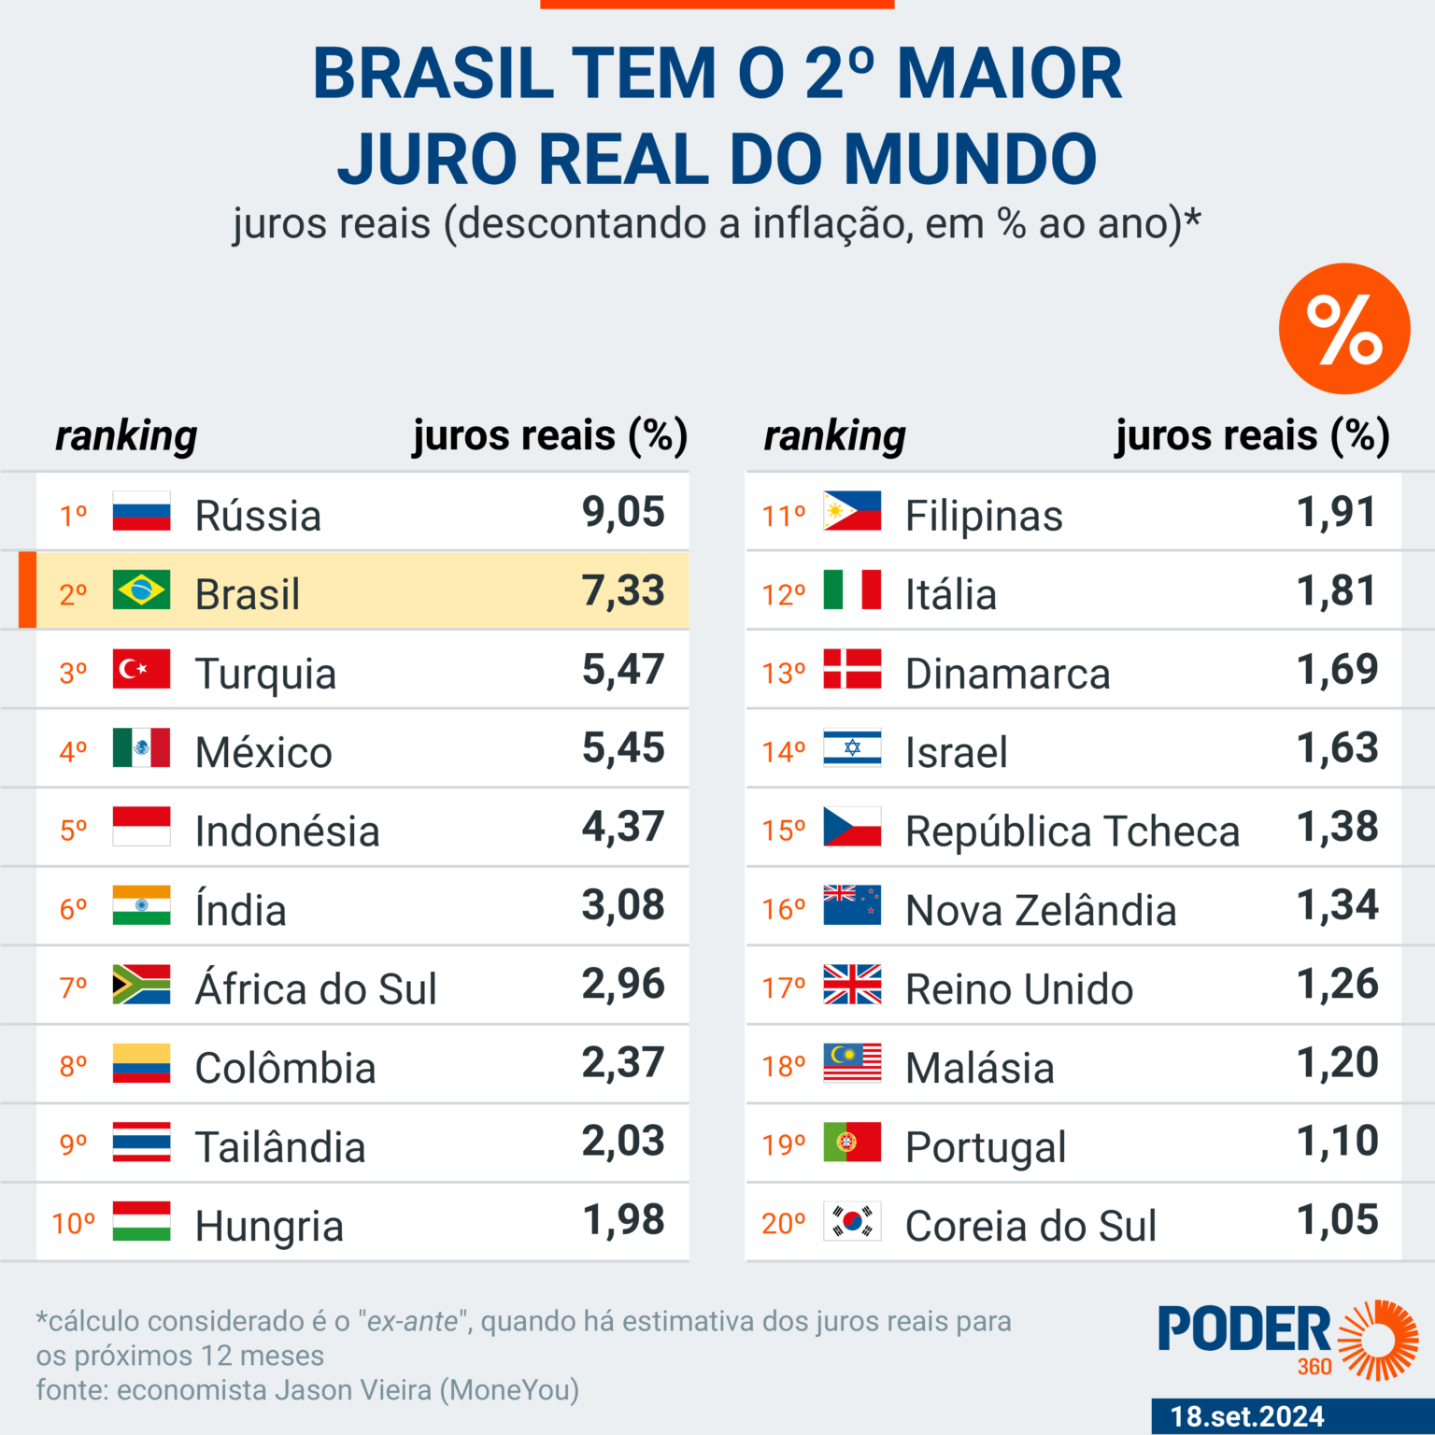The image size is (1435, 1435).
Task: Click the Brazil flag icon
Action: click(x=141, y=590)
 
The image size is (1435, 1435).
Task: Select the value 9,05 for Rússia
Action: click(x=623, y=512)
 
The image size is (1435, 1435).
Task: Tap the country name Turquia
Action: click(x=265, y=674)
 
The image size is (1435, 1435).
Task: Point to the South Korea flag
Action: click(x=852, y=1221)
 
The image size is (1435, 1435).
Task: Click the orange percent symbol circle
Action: click(x=1343, y=329)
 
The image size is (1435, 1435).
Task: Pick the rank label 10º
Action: click(x=74, y=1223)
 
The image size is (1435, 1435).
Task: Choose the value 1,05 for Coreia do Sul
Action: click(x=1338, y=1220)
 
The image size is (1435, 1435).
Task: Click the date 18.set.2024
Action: click(x=1247, y=1416)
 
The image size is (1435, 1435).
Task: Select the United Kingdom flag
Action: click(x=852, y=985)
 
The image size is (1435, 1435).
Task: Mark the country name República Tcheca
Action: click(x=1073, y=831)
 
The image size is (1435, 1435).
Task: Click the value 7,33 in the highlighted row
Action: click(x=623, y=590)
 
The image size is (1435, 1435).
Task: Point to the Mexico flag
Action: click(x=141, y=747)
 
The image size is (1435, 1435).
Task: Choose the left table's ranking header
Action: click(x=126, y=435)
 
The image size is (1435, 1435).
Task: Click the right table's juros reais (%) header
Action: click(x=1252, y=435)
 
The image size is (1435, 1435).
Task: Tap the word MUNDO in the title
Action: click(x=971, y=159)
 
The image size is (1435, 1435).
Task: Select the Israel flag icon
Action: click(x=852, y=747)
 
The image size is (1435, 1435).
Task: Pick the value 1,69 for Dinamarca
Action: click(x=1338, y=670)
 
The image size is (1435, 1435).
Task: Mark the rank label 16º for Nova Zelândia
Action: click(x=784, y=909)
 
